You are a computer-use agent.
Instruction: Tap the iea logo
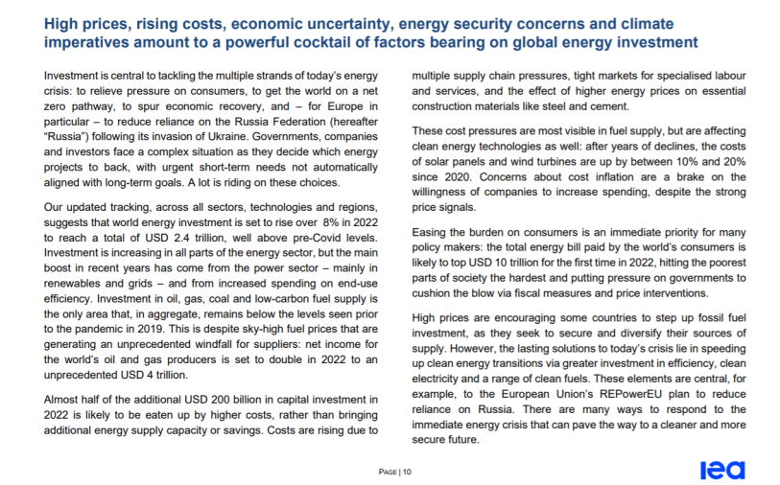pyautogui.click(x=721, y=470)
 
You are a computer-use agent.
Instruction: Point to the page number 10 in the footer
pyautogui.click(x=408, y=472)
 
